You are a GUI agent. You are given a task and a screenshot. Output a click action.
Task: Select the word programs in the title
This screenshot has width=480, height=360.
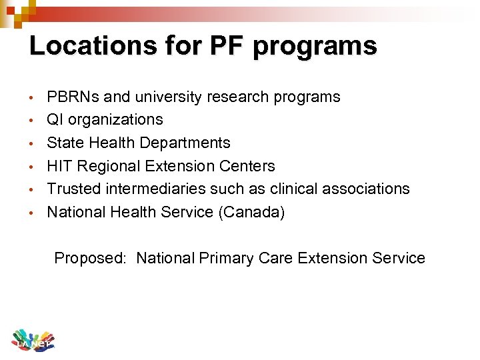point(315,46)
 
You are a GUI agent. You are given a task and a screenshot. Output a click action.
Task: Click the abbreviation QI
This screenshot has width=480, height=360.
point(54,120)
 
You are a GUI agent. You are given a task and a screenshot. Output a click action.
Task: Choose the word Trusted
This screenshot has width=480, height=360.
point(73,189)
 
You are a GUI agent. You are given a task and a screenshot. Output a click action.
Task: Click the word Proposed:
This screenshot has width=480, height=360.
point(90,259)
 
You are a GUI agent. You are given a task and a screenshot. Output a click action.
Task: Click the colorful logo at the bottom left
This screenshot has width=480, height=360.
point(32,340)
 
